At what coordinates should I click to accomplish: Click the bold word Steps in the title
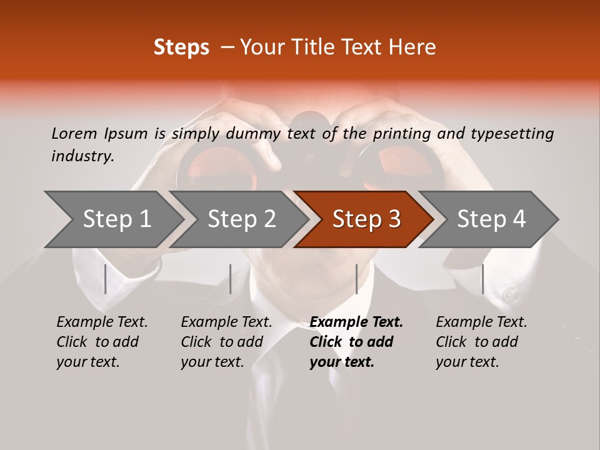point(181,47)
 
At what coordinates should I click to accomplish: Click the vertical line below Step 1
point(106,279)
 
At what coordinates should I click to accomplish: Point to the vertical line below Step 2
point(231,279)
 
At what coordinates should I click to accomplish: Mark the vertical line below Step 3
point(356,279)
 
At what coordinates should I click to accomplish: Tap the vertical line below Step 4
point(482,279)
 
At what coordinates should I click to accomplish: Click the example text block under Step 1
point(102,342)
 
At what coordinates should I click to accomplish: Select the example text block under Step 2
point(226,342)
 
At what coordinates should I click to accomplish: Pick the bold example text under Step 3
point(356,342)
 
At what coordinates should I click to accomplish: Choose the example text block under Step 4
point(481,342)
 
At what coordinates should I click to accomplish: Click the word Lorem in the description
point(74,133)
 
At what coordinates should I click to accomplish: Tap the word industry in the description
point(82,156)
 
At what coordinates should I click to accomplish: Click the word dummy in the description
point(253,133)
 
